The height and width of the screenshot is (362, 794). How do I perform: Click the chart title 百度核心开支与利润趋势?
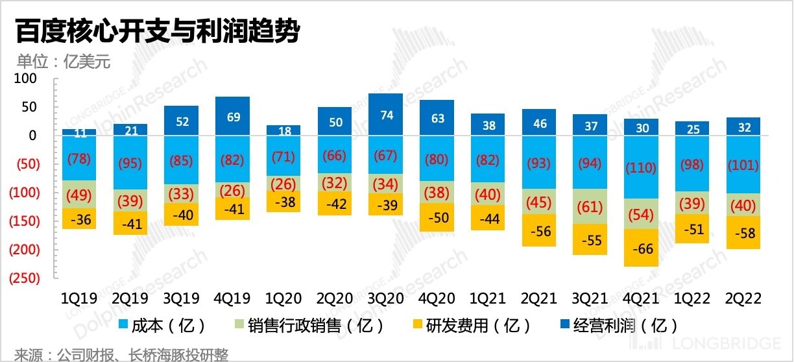point(156,31)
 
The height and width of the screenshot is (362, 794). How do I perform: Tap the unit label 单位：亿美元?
point(64,62)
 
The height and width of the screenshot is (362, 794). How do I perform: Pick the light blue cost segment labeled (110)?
point(640,168)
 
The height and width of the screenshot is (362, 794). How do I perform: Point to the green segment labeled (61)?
point(590,208)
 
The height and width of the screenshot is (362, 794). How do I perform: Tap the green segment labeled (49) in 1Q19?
point(79,195)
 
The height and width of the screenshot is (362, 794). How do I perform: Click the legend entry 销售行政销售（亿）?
point(309,324)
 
